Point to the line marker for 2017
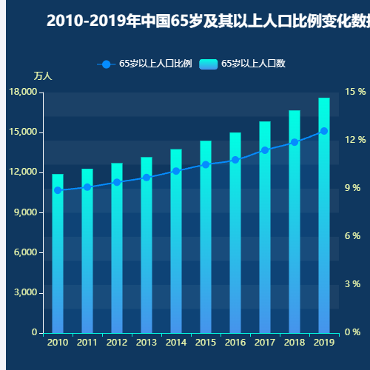pyautogui.click(x=265, y=150)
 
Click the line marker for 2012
pyautogui.click(x=117, y=182)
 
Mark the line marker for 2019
pyautogui.click(x=324, y=131)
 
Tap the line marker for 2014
pyautogui.click(x=176, y=171)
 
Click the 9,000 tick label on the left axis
pyautogui.click(x=25, y=212)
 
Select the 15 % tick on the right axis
pyautogui.click(x=356, y=92)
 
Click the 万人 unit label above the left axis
pyautogui.click(x=43, y=76)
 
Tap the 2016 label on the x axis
pyautogui.click(x=235, y=343)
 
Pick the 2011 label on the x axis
pyautogui.click(x=87, y=343)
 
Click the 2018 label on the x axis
pyautogui.click(x=295, y=343)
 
